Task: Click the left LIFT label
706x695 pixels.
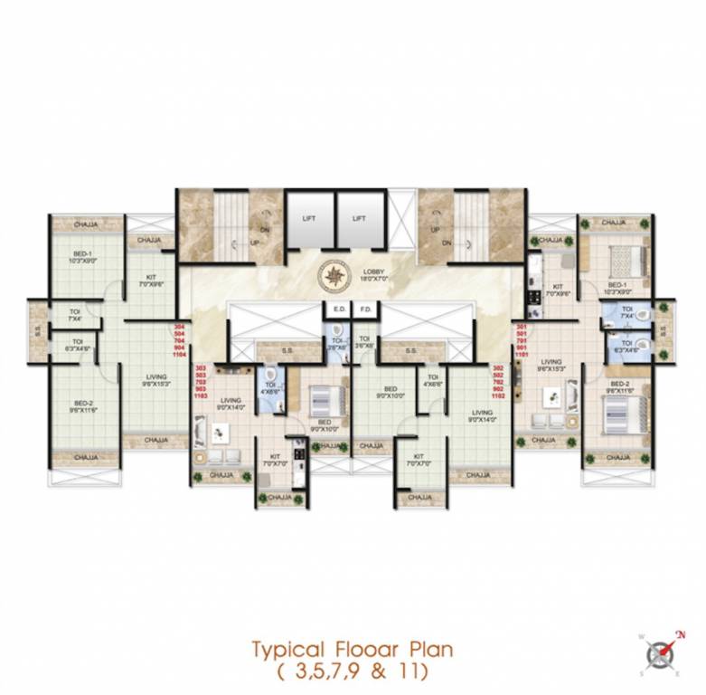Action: (x=309, y=219)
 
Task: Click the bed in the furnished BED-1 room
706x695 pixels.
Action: (x=628, y=262)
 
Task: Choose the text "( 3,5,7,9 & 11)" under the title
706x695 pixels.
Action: (x=353, y=672)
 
